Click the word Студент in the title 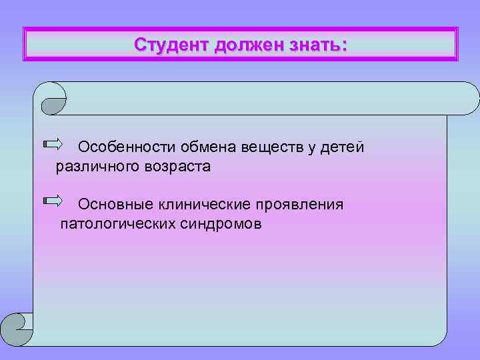[x=171, y=45]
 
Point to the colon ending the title [x=343, y=46]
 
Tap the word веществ [x=273, y=147]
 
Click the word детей [x=342, y=147]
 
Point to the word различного [x=97, y=167]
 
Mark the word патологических [x=117, y=223]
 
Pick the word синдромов [x=221, y=223]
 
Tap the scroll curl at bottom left [x=17, y=329]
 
